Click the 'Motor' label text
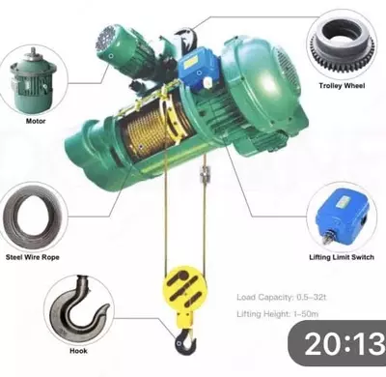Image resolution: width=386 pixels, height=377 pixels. [36, 121]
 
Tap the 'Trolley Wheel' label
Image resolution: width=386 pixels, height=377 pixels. [342, 86]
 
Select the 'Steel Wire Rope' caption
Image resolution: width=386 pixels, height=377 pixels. [33, 257]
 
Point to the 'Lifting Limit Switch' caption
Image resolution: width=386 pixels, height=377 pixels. [342, 257]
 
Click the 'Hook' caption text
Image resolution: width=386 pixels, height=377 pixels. [78, 351]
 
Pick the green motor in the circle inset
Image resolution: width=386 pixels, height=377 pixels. [33, 82]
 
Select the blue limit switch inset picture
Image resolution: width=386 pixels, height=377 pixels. [342, 217]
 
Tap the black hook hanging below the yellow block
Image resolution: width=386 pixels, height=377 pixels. [185, 342]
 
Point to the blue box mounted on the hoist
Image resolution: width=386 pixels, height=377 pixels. [198, 68]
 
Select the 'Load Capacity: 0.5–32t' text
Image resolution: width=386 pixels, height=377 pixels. [282, 297]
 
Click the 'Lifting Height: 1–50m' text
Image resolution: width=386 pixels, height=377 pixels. [278, 313]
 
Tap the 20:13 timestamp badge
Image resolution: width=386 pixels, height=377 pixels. [337, 343]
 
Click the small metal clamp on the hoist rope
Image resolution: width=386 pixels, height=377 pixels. [204, 175]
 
